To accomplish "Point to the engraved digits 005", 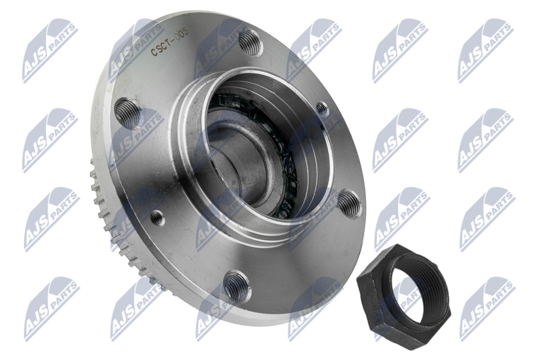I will [x=181, y=35].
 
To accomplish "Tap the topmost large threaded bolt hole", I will [x=250, y=42].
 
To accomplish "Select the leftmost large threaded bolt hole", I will [x=127, y=112].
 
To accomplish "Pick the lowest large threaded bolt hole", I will [x=237, y=285].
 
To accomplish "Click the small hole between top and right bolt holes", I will [x=322, y=109].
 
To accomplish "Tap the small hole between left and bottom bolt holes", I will [x=158, y=218].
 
